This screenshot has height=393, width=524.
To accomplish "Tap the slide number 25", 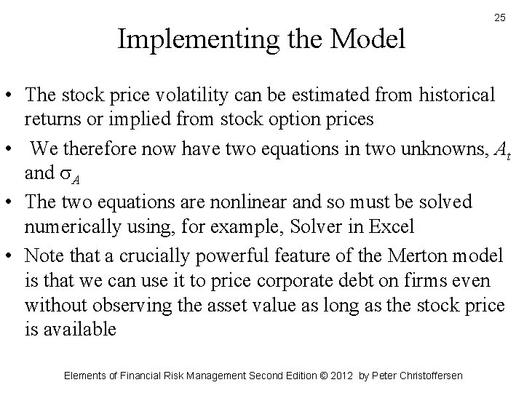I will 500,17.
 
